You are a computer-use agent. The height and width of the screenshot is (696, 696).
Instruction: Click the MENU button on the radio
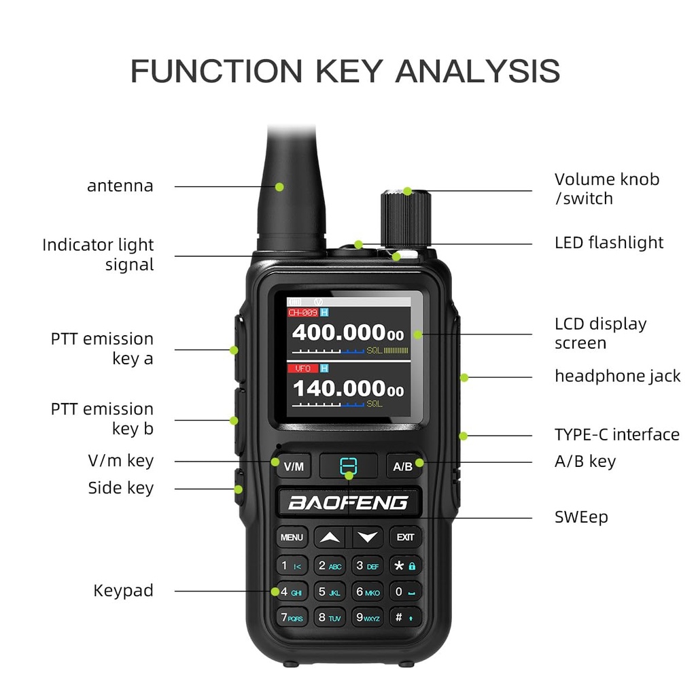click(292, 538)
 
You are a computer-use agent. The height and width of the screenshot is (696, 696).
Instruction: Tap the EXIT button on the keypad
click(405, 538)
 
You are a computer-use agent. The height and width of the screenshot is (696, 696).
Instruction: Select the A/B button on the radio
click(403, 466)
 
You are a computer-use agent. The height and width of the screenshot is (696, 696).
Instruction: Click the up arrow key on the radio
click(330, 538)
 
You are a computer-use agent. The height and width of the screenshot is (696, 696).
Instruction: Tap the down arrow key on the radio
click(368, 538)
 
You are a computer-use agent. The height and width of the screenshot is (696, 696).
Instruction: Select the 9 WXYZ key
click(368, 618)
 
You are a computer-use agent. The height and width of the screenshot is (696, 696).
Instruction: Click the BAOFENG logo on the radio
click(348, 503)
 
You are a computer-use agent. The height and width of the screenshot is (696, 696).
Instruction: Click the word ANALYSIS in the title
click(478, 71)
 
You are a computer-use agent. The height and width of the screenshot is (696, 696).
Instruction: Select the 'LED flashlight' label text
click(609, 243)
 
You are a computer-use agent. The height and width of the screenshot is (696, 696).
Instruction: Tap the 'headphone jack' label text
click(617, 376)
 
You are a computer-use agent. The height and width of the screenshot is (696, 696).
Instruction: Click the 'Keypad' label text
click(123, 591)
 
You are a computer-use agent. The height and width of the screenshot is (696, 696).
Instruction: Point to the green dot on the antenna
click(279, 186)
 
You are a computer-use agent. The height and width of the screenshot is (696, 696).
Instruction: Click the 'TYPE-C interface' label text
click(616, 435)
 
